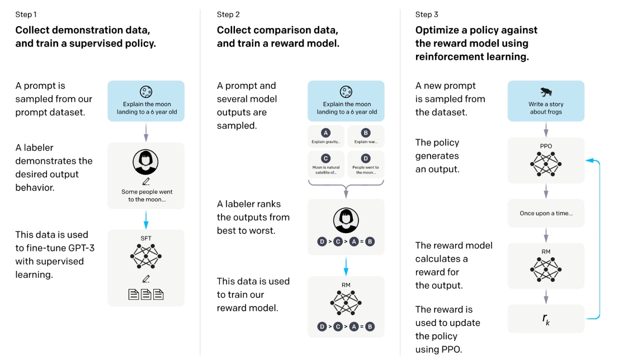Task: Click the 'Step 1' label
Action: [x=26, y=15]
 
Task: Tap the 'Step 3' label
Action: [x=426, y=15]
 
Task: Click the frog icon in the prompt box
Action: [x=546, y=92]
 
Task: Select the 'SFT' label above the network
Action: [x=146, y=238]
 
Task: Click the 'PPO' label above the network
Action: [x=546, y=146]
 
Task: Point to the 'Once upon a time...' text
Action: [x=546, y=214]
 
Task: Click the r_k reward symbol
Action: [x=546, y=319]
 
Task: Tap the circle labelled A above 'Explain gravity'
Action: [x=326, y=132]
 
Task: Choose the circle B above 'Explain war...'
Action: [x=366, y=132]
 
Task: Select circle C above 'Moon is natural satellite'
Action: [x=326, y=158]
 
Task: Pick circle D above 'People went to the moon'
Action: [x=366, y=158]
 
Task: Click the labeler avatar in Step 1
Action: [x=145, y=162]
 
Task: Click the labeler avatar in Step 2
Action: [x=346, y=221]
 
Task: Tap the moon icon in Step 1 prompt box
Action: [x=146, y=92]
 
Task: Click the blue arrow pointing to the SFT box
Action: [x=146, y=220]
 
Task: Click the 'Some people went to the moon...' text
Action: [x=147, y=196]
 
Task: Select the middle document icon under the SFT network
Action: [x=146, y=295]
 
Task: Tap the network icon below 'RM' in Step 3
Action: [x=546, y=269]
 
